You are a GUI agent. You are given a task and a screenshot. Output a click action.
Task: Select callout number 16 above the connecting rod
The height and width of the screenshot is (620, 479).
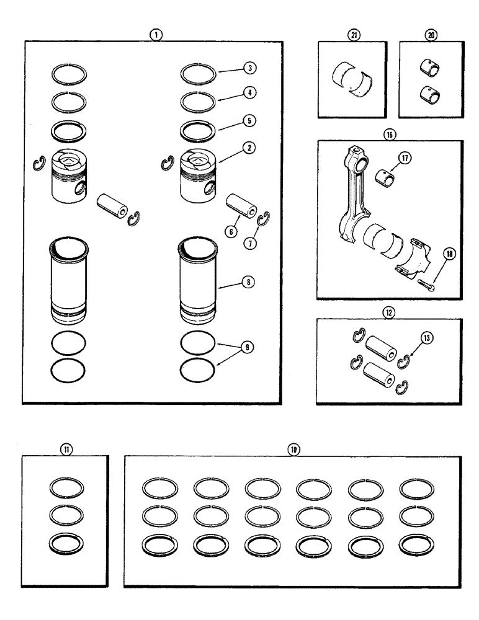click(389, 133)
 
